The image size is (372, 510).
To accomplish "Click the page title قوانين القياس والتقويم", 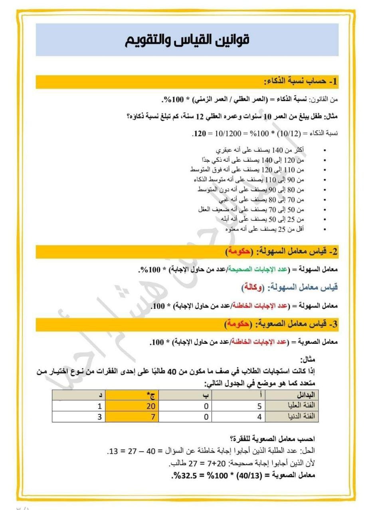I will click(187, 40).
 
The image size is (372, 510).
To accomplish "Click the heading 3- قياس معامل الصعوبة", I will click(295, 324).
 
